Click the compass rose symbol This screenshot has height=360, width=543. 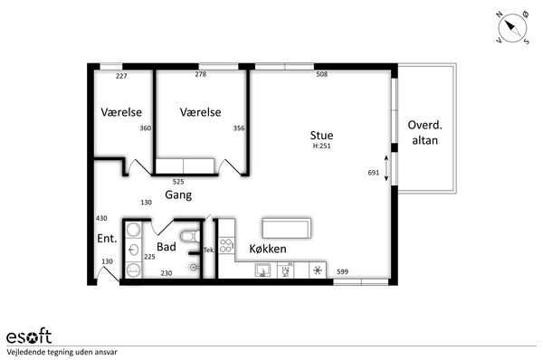click(512, 28)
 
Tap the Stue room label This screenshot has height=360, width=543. click(321, 135)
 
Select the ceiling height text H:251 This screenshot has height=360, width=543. click(321, 146)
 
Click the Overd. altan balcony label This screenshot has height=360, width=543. click(425, 132)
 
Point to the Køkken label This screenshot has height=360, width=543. click(268, 249)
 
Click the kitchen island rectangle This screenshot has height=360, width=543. click(287, 228)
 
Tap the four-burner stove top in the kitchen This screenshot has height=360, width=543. click(226, 246)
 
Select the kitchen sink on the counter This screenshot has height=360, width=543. click(262, 270)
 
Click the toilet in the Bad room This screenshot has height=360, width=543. click(190, 236)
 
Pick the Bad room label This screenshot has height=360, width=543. click(167, 246)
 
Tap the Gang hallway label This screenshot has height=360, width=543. click(178, 194)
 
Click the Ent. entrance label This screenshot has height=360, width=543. click(107, 238)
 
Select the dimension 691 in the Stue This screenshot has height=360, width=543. click(374, 173)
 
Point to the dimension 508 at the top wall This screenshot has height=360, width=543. click(321, 74)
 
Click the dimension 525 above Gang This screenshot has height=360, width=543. click(178, 182)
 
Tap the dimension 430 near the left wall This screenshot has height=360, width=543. click(101, 218)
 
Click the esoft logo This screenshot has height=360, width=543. click(29, 336)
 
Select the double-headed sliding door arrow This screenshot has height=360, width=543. click(386, 168)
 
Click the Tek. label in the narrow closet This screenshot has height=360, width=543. click(209, 250)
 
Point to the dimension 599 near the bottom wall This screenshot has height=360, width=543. click(342, 271)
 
